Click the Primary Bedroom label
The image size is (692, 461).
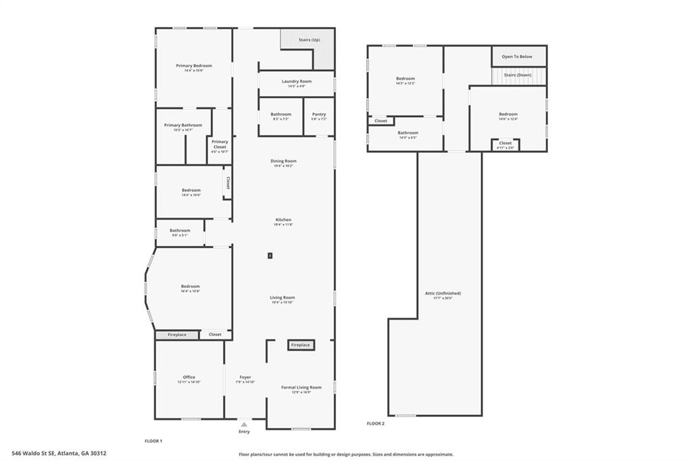[x=194, y=66]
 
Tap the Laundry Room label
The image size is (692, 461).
[x=297, y=81]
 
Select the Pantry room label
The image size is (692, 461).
[x=319, y=114]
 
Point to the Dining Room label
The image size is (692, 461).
[x=285, y=161]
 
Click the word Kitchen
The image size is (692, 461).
[x=283, y=220]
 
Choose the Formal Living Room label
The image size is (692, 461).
[x=301, y=387]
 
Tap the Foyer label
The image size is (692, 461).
[x=245, y=377]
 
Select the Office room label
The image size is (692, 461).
[x=189, y=377]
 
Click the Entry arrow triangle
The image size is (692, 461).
[x=244, y=424]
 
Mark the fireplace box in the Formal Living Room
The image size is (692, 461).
[x=300, y=345]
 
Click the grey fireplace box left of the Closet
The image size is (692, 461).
[x=177, y=335]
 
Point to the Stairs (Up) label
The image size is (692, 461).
[x=310, y=40]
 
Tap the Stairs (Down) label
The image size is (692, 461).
[x=518, y=75]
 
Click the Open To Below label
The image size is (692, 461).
[x=517, y=57]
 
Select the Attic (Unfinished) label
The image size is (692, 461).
[x=443, y=293]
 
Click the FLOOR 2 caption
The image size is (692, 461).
[x=375, y=423]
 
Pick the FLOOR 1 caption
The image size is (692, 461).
[x=153, y=441]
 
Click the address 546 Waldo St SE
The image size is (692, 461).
[x=59, y=454]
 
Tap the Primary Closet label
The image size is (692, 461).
[x=220, y=144]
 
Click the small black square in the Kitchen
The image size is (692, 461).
[x=270, y=256]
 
